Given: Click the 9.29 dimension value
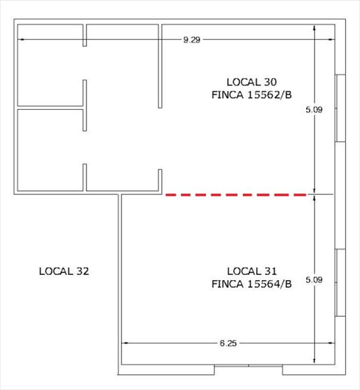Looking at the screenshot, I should pyautogui.click(x=192, y=40).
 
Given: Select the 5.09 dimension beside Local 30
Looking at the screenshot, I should pyautogui.click(x=315, y=110).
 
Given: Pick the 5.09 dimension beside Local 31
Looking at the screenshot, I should pyautogui.click(x=315, y=280).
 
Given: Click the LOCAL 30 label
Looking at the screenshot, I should pyautogui.click(x=251, y=82).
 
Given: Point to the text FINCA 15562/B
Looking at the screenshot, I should pyautogui.click(x=251, y=95).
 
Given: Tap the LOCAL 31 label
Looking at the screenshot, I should pyautogui.click(x=251, y=270).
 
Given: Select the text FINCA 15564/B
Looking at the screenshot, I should pyautogui.click(x=251, y=283).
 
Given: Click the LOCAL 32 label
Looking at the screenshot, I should pyautogui.click(x=64, y=271).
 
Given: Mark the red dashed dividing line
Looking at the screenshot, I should pyautogui.click(x=236, y=194).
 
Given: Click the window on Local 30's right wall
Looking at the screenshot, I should pyautogui.click(x=339, y=108).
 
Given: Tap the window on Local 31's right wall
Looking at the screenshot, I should pyautogui.click(x=339, y=282).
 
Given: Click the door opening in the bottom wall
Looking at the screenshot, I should pyautogui.click(x=248, y=370).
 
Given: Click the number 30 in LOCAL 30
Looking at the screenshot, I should pyautogui.click(x=270, y=82).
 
